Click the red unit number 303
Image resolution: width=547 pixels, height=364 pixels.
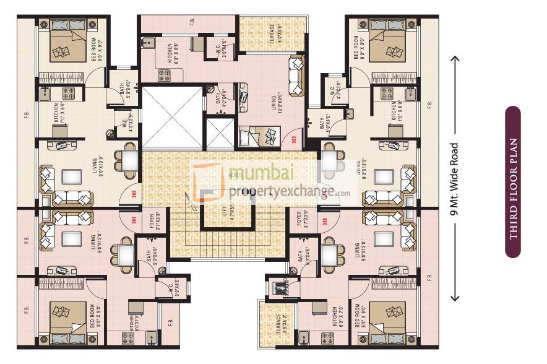(x=294, y=139)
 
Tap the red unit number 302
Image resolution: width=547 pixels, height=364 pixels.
(x=134, y=193)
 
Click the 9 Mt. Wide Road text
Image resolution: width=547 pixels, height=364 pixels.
(x=456, y=179)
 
